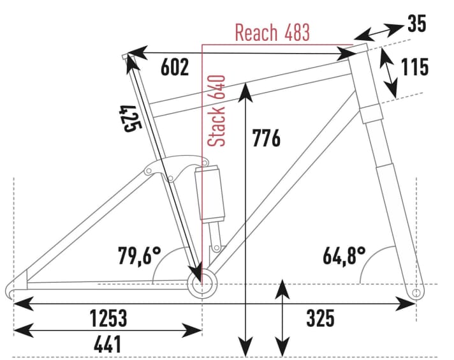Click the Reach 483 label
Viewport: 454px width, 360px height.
pyautogui.click(x=272, y=32)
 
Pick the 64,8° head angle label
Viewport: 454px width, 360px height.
pyautogui.click(x=344, y=257)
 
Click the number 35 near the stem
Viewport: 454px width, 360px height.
pyautogui.click(x=416, y=24)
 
